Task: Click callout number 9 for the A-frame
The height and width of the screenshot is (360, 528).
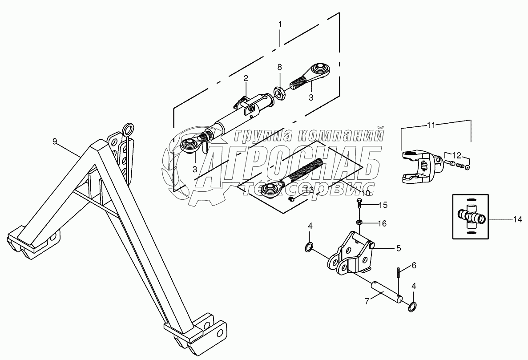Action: click(x=55, y=142)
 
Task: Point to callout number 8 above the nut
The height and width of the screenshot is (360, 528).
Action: click(x=279, y=68)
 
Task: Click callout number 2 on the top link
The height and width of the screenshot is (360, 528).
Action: click(x=245, y=79)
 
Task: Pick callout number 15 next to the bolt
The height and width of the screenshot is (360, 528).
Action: click(x=383, y=205)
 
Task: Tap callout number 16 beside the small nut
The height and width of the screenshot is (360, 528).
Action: click(x=383, y=222)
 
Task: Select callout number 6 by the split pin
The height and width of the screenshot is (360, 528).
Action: click(x=414, y=265)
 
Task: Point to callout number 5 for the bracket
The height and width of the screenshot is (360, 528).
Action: click(x=399, y=247)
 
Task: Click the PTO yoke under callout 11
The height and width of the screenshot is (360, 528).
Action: click(x=420, y=167)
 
